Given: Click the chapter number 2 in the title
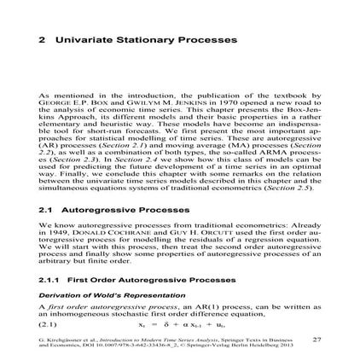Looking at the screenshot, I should point(41,41).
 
